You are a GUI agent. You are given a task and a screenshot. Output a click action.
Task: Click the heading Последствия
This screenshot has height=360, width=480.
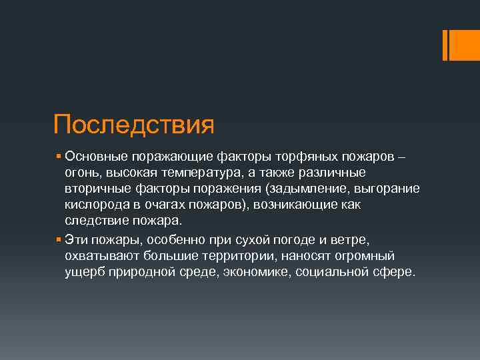pos(133,124)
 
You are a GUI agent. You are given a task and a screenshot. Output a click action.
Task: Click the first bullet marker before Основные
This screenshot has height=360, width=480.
pos(59,157)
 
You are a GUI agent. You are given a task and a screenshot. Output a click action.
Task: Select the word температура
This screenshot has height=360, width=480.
pos(200,173)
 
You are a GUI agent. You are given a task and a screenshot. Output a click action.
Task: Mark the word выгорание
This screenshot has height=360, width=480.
pos(385,189)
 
